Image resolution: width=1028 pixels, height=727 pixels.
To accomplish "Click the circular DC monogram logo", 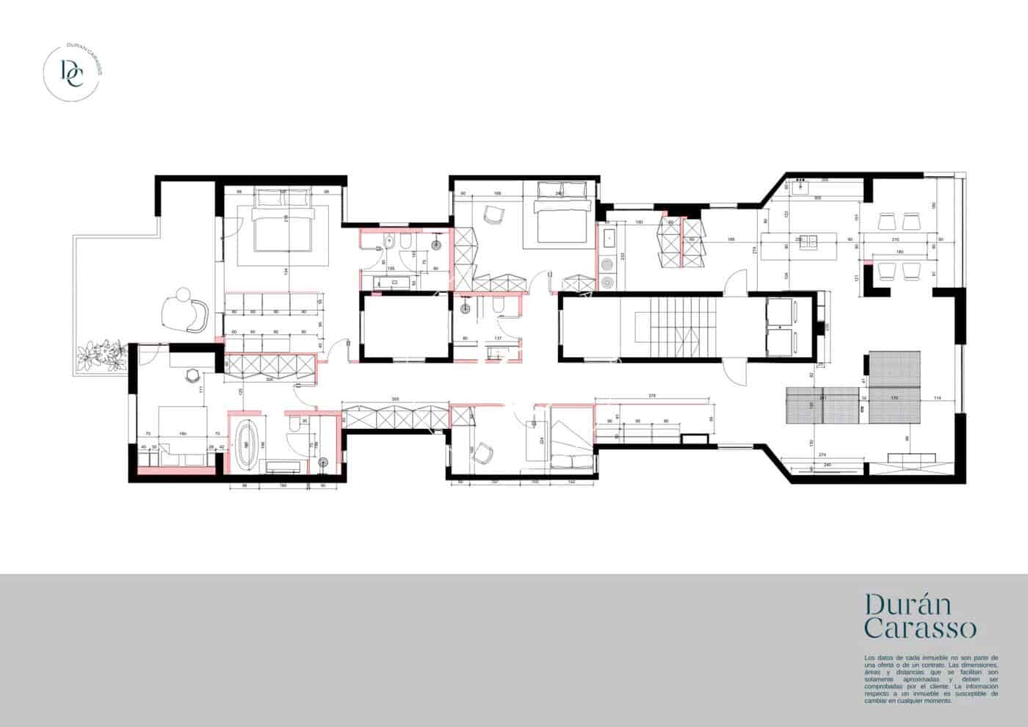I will coord(73,72).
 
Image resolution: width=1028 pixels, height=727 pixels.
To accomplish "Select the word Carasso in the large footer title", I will coord(920,629).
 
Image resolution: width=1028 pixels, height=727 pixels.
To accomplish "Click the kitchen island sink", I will coord(808,239).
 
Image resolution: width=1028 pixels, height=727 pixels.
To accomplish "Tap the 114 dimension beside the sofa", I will coord(938,398).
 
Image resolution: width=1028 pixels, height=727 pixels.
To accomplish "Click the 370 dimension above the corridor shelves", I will coord(652,395).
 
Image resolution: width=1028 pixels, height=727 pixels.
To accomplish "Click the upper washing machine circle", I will coord(607,265).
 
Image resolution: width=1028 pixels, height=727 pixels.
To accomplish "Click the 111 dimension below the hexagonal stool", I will coord(201,389).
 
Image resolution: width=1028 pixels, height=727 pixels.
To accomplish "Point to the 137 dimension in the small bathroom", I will coord(498,339).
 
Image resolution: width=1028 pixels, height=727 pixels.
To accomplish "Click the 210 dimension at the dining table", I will coord(894,240).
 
